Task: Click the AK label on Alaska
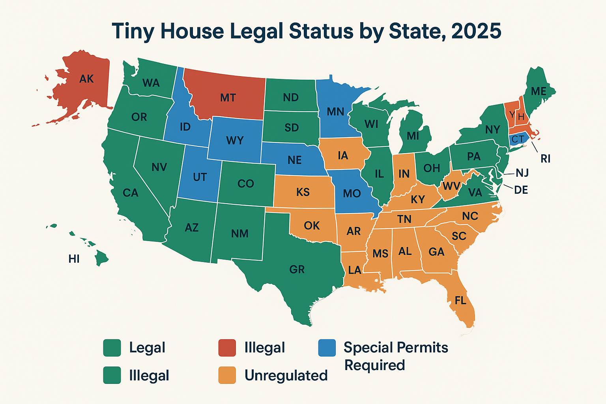86,79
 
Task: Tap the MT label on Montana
228,97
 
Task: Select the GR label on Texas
297,269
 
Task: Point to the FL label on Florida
460,301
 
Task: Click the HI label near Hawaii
74,259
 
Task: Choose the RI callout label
545,159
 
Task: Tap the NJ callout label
522,173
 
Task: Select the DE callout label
521,190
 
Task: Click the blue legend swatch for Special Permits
327,348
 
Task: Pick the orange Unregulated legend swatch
227,375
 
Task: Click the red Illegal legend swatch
227,348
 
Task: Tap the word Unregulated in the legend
286,375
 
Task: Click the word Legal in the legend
147,348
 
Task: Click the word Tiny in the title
133,31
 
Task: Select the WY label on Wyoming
235,140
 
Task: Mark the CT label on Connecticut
518,139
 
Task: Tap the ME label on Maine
539,92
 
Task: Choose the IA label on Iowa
343,155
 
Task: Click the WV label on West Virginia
451,185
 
